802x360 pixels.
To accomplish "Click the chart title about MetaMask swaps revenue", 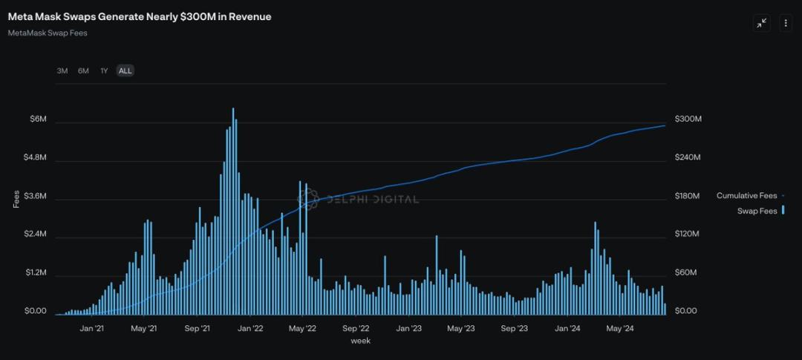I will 140,17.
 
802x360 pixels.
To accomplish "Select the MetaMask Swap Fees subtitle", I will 48,33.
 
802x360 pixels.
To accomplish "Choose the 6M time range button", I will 83,71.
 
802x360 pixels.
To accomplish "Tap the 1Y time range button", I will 104,71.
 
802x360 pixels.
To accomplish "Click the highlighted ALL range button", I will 125,71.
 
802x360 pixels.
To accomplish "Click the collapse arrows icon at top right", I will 762,23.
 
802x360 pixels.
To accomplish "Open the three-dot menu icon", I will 786,23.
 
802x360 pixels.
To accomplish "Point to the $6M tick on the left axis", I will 37,120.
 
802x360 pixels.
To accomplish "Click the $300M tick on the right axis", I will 688,120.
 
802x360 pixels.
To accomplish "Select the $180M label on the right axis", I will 688,197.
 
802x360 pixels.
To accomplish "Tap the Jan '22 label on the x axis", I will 251,328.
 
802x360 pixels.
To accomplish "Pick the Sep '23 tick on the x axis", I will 514,328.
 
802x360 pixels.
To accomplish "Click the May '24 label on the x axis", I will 619,328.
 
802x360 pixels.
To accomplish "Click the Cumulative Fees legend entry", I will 746,196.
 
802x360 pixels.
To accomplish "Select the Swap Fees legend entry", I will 757,212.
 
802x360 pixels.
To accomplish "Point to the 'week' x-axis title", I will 360,341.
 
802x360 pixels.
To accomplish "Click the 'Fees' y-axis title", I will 16,199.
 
